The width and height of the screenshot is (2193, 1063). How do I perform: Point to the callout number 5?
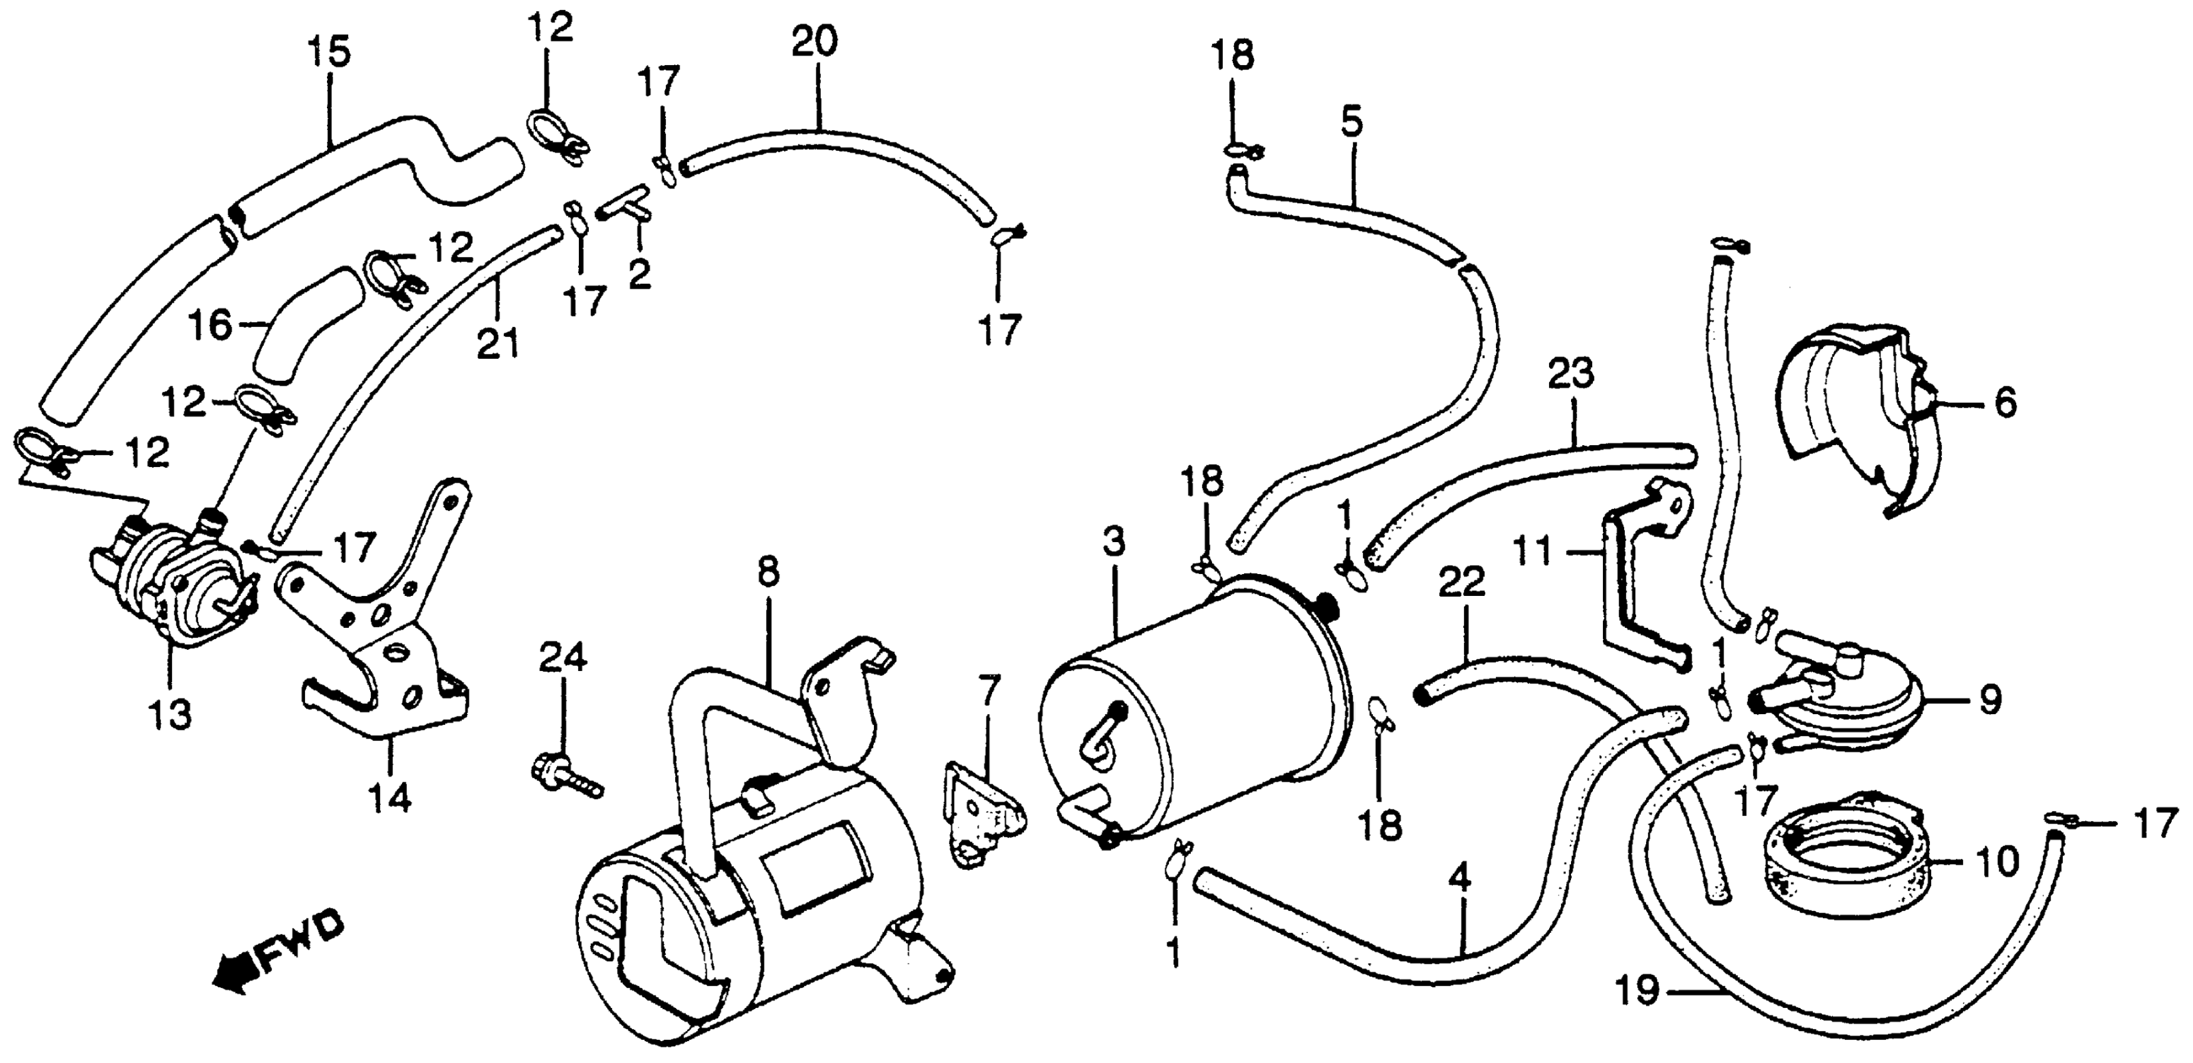pyautogui.click(x=1351, y=123)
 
